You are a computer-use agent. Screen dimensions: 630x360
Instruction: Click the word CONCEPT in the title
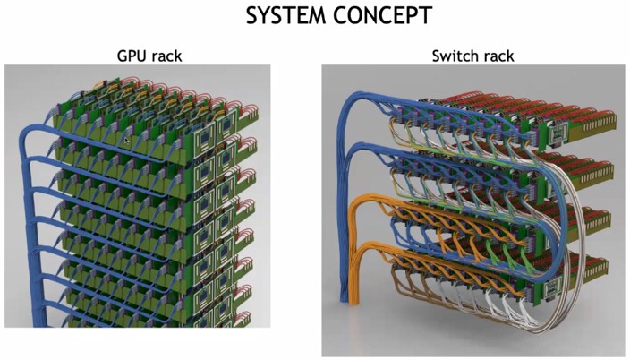[x=382, y=16]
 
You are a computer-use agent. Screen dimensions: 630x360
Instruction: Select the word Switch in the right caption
[x=453, y=56]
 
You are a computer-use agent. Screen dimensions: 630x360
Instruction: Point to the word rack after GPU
[x=166, y=56]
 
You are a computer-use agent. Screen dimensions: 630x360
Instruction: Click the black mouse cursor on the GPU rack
[x=127, y=140]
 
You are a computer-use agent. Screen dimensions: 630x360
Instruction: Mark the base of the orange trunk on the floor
[x=354, y=300]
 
